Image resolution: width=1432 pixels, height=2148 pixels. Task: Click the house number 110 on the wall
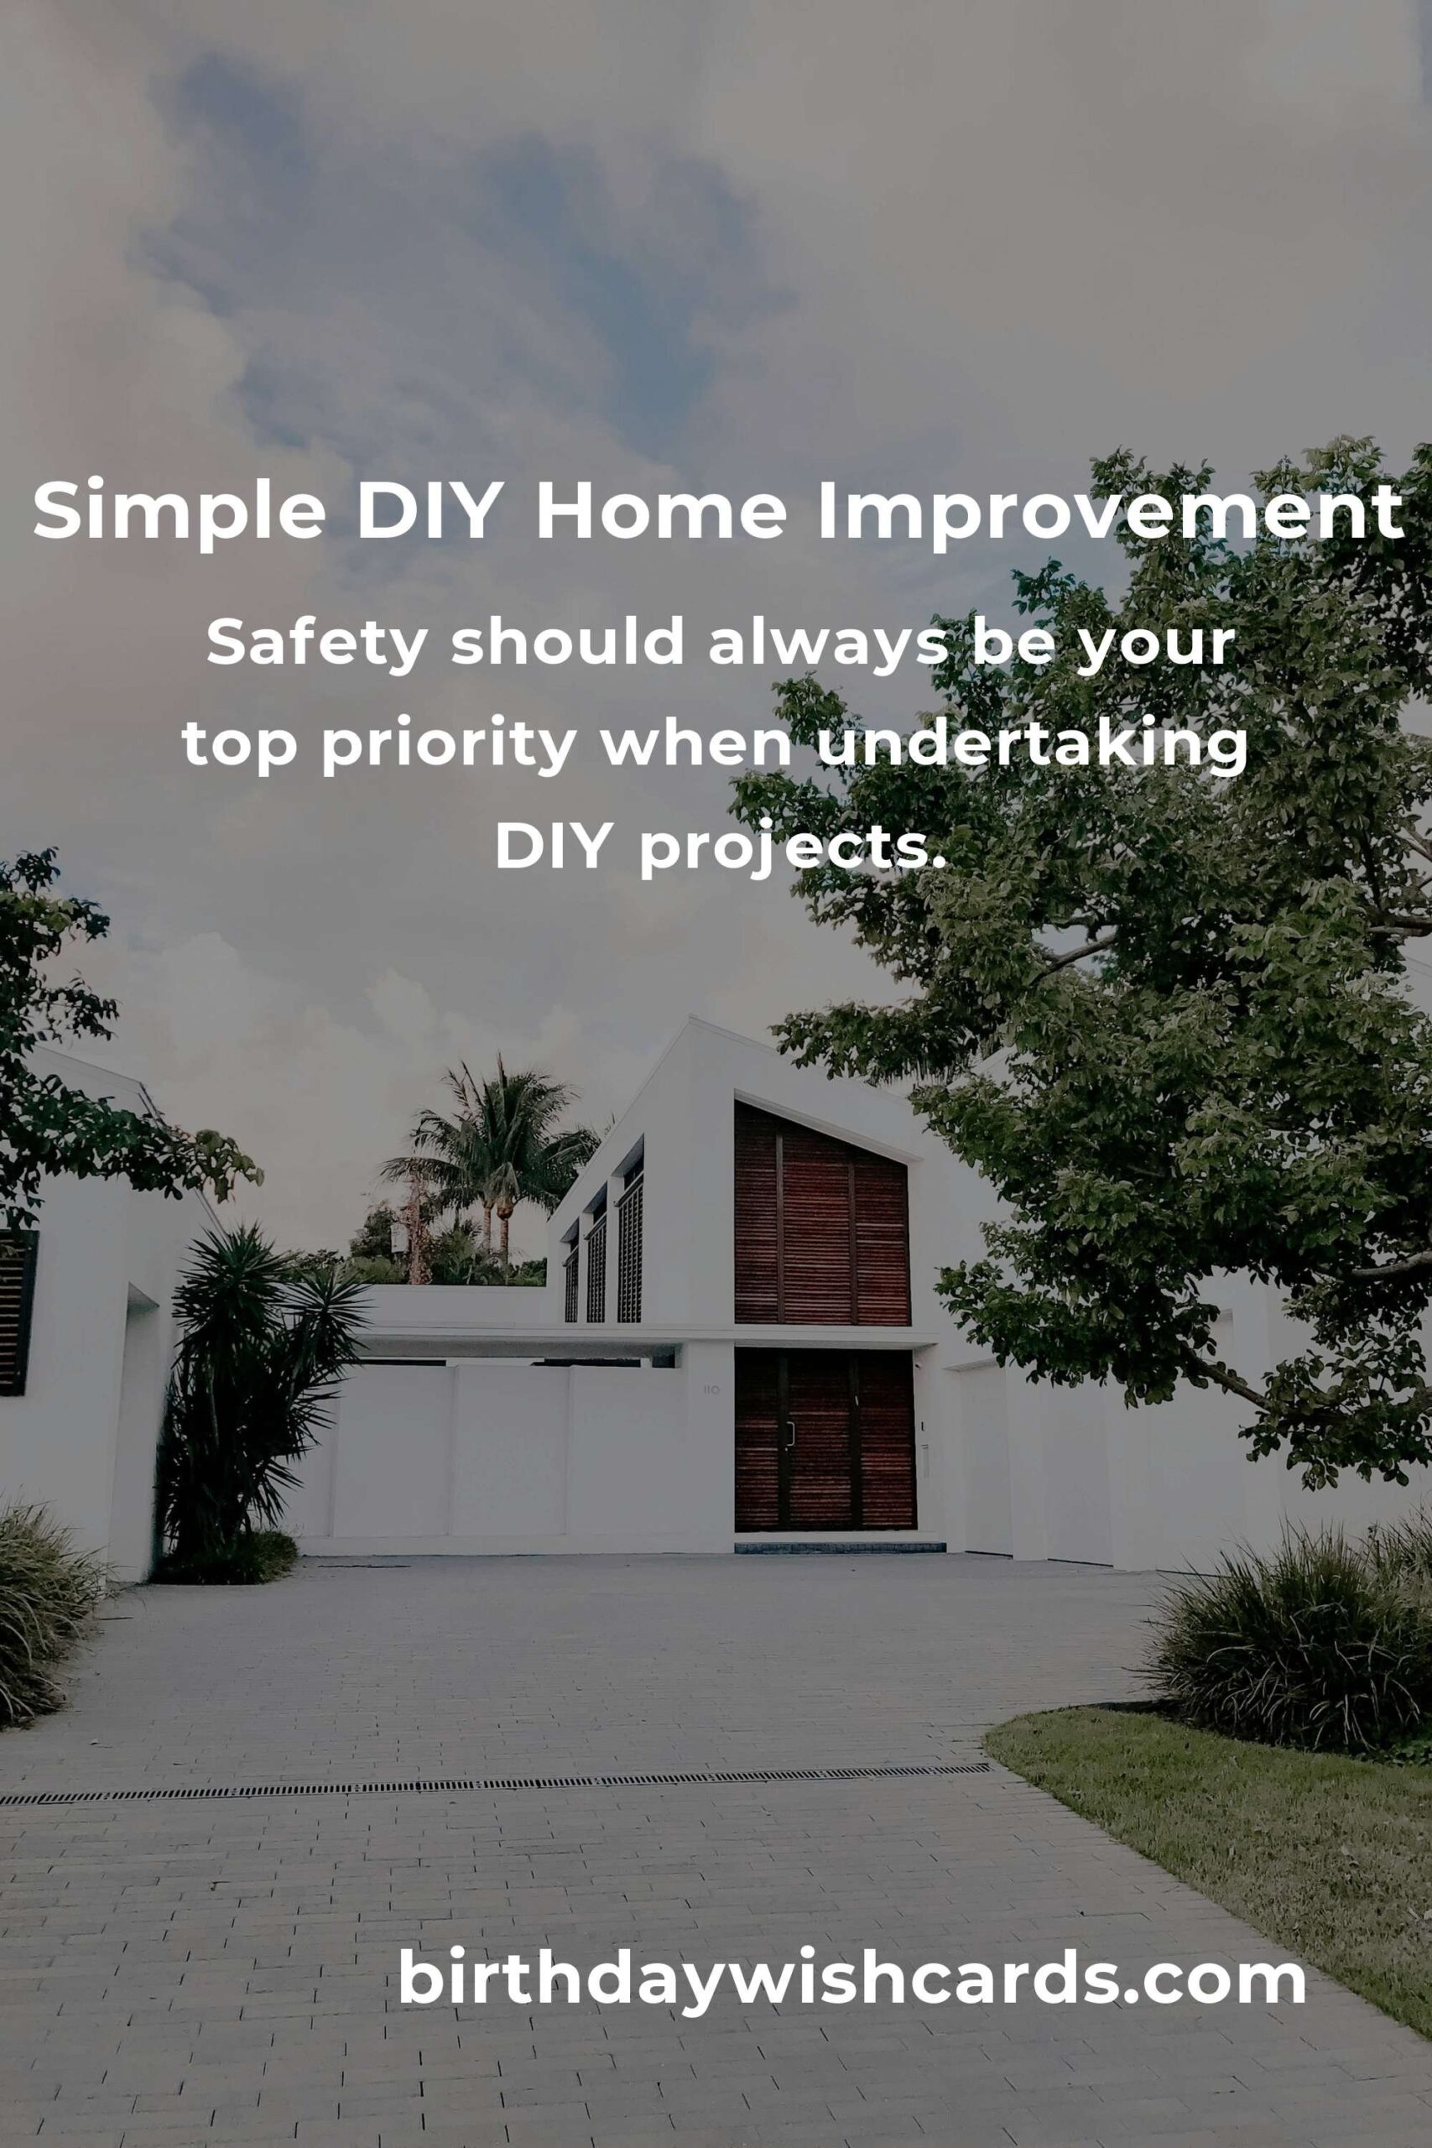[711, 1390]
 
